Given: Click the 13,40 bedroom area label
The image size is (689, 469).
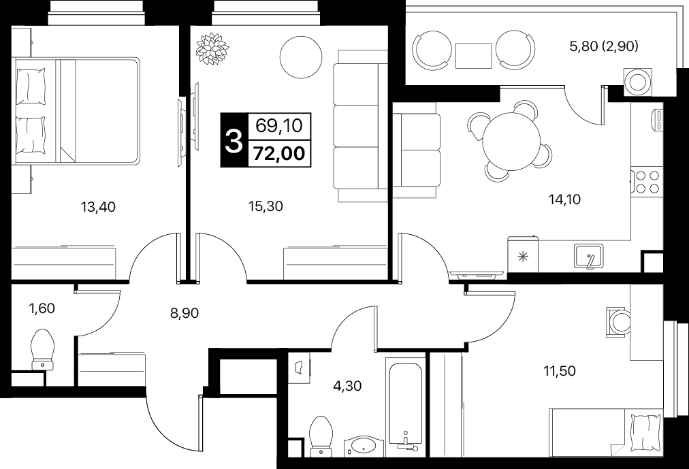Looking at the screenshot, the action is click(98, 206).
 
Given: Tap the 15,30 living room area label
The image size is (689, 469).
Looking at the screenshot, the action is click(266, 206).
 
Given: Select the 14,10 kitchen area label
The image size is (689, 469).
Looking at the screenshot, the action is click(564, 200).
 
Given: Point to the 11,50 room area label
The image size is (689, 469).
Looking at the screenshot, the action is click(560, 372).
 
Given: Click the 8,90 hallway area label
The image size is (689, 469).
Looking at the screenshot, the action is click(184, 313).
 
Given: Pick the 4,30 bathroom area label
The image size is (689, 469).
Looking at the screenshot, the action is click(347, 386).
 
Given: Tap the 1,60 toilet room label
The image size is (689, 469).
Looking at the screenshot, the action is click(42, 309).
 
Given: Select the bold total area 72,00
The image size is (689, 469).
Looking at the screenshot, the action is click(280, 154).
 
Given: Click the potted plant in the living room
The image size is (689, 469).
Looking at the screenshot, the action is click(212, 47).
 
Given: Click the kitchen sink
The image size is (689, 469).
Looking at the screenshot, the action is click(589, 256).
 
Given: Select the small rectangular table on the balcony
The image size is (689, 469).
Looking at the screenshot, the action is click(473, 56).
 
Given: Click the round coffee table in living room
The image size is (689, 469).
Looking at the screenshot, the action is click(301, 56).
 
